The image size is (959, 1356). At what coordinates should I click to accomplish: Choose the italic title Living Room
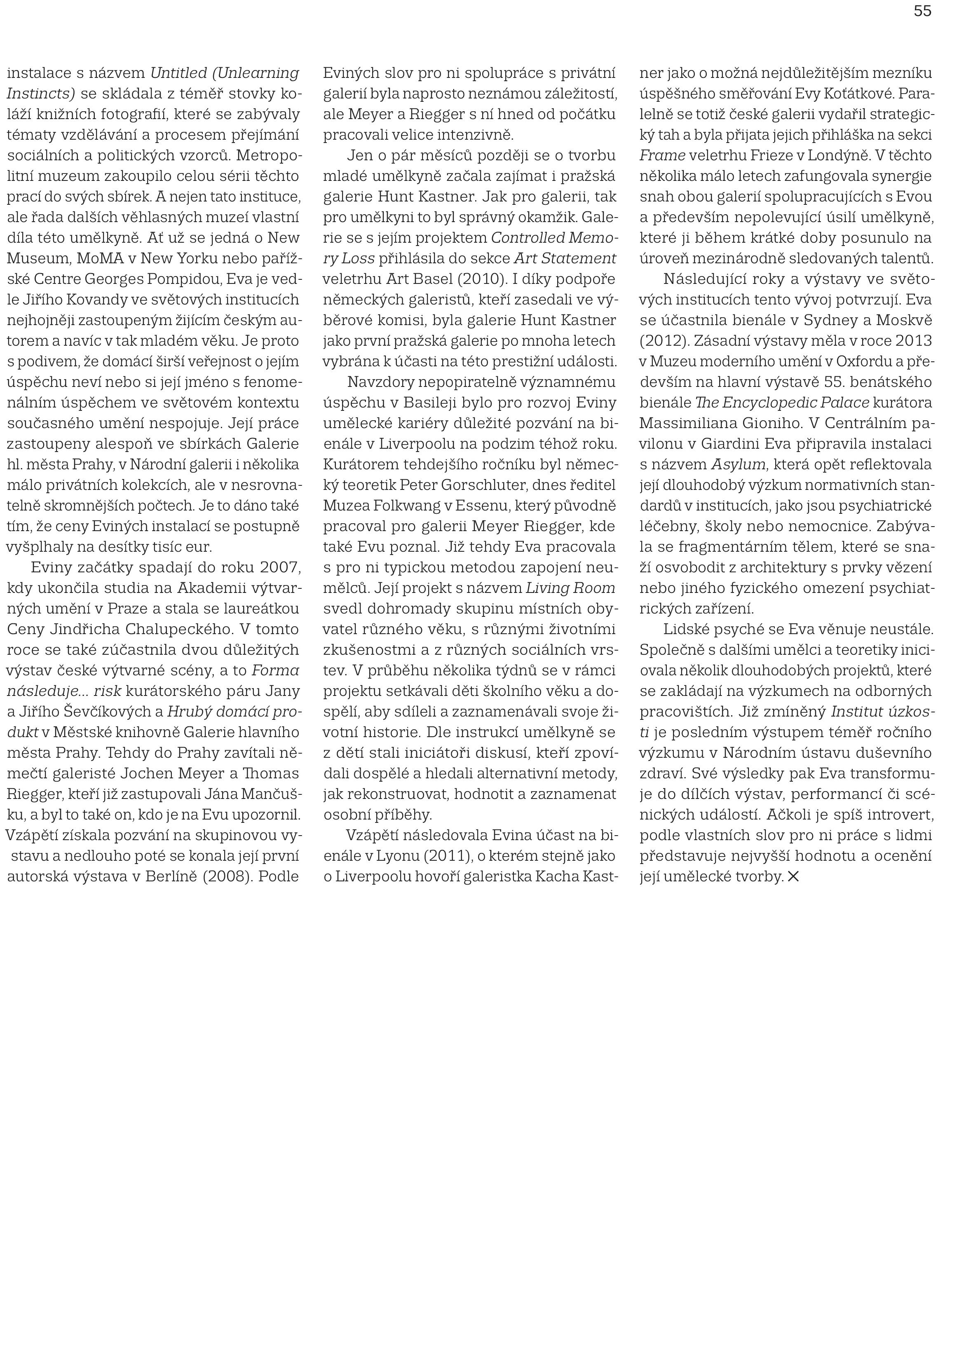click(x=570, y=588)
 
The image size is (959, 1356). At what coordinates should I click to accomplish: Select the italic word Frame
click(x=662, y=155)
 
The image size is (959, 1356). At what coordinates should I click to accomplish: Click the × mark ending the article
click(x=793, y=877)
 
